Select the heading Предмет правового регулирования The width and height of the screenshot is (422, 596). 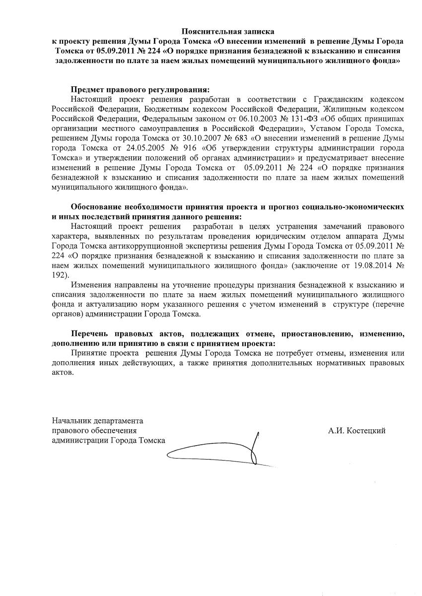tap(141, 89)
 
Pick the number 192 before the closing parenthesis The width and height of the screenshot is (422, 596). tap(59, 275)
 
